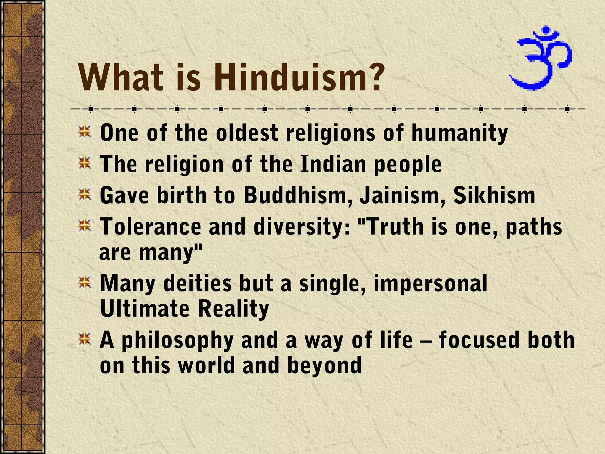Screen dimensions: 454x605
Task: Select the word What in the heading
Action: tap(121, 77)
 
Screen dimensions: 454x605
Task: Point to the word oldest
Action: tap(247, 133)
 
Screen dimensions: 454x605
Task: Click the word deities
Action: tap(197, 283)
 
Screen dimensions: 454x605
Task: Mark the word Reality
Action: tap(233, 309)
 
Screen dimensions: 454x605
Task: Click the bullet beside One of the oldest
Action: tap(84, 132)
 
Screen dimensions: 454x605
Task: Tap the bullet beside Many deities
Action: tap(84, 282)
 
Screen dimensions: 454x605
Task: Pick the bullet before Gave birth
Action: tap(84, 195)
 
